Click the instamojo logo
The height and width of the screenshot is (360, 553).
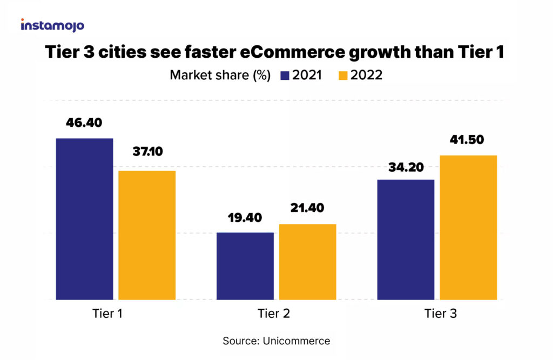point(52,25)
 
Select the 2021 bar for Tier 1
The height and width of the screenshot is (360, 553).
point(84,219)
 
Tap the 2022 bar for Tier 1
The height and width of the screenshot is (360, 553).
point(147,235)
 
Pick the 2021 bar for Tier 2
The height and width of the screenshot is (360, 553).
point(245,266)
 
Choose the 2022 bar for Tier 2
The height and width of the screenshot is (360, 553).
point(308,261)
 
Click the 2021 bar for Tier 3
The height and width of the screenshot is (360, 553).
point(406,239)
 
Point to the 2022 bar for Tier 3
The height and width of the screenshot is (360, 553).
point(468,227)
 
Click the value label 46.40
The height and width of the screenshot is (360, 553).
point(84,122)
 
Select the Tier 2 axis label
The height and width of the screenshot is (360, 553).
point(275,314)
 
